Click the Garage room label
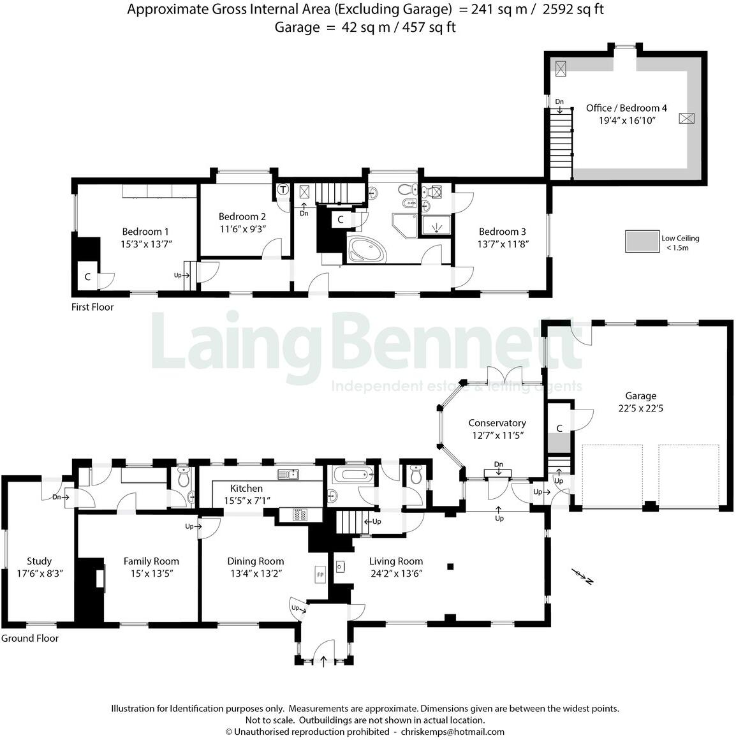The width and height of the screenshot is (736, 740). coord(640,396)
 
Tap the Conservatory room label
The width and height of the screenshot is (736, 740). coord(497,423)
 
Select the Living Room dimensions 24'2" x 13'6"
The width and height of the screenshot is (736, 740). coord(395,573)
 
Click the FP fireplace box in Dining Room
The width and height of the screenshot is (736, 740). coord(320,575)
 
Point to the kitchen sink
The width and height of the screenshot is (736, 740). coord(288,474)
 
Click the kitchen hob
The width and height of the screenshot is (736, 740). coord(300,514)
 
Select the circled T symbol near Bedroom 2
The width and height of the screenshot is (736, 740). coord(283,189)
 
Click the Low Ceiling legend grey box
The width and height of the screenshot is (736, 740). coord(642,241)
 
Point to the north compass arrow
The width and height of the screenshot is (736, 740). coord(582,576)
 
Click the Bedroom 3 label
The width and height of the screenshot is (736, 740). coord(502,232)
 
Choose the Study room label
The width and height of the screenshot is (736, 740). coord(39,561)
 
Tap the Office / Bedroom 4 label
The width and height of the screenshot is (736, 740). coord(626,108)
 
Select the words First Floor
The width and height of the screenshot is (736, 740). coord(92,307)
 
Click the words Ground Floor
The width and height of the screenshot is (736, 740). coord(30,639)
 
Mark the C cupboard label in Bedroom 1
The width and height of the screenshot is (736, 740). coord(87,277)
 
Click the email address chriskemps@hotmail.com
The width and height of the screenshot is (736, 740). coord(452,732)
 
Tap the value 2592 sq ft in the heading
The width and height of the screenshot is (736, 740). coord(573,10)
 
